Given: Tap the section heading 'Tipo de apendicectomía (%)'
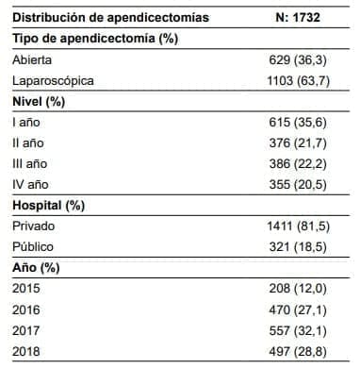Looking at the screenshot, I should [x=96, y=39].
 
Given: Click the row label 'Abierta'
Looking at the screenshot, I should [x=33, y=59].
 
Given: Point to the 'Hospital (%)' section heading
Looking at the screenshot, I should [x=55, y=205].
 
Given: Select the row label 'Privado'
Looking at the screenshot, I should [x=34, y=226].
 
